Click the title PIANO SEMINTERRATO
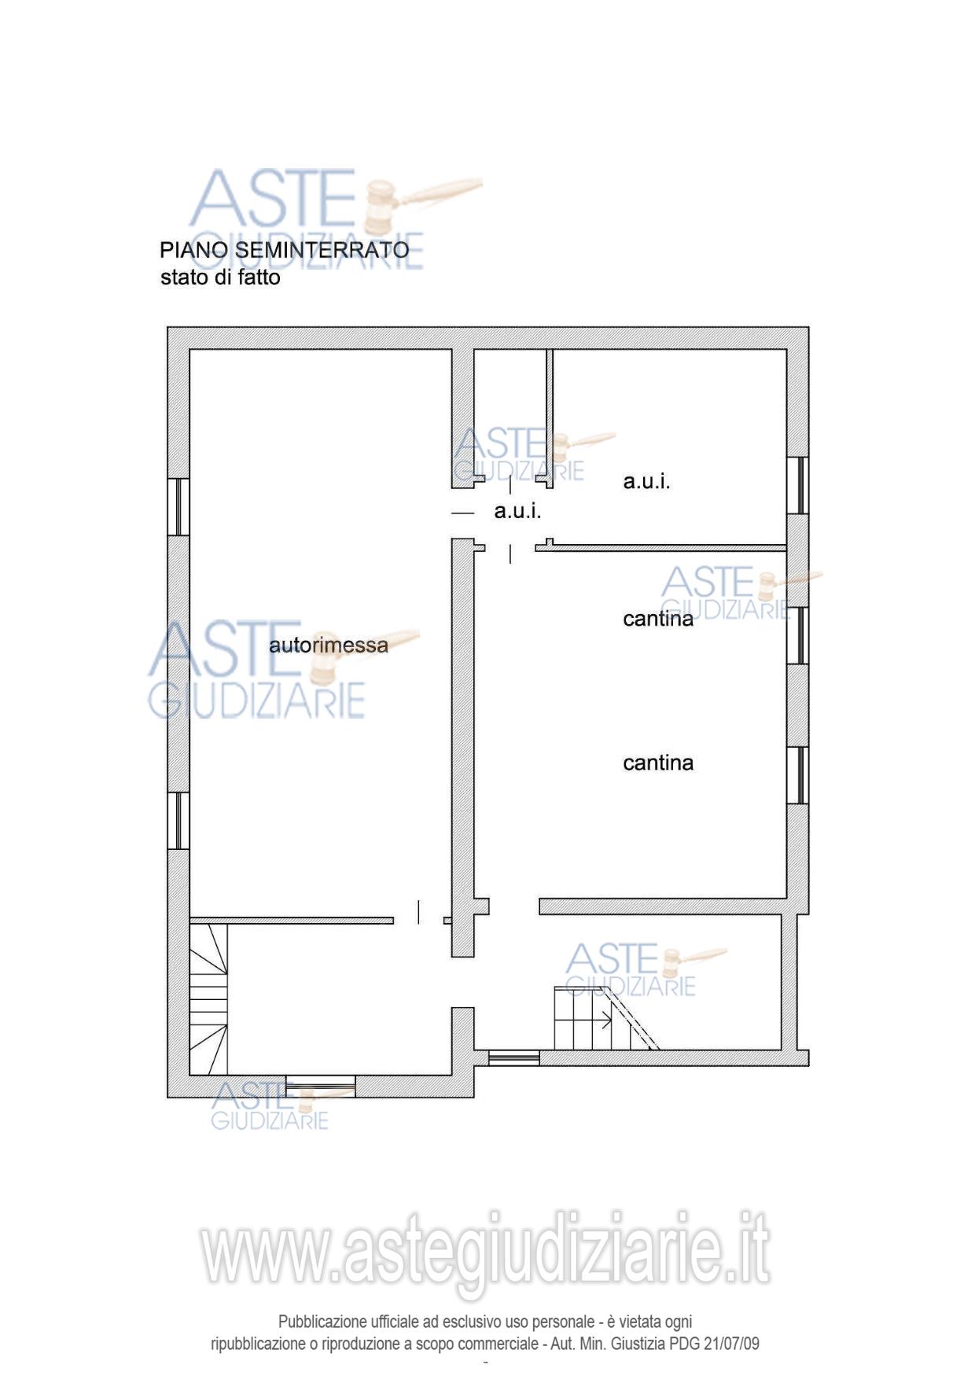284,250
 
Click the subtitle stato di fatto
220,278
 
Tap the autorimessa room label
329,645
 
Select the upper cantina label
658,620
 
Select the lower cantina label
658,763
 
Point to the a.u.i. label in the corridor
517,512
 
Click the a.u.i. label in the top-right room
646,482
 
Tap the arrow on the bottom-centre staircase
605,1022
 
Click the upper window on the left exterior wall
178,507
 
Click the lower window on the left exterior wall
178,820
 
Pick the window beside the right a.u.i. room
798,485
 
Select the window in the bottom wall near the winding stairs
320,1086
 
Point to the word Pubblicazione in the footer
322,1322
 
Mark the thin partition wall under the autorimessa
292,920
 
